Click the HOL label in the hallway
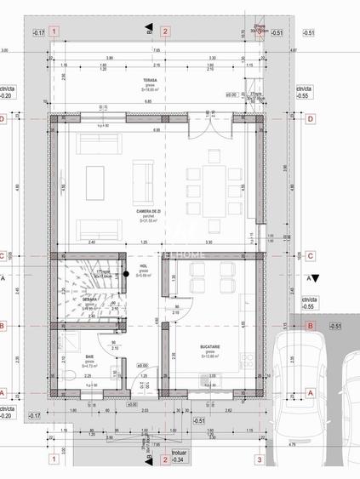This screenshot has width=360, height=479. click(x=143, y=266)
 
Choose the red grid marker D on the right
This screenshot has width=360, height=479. click(x=311, y=119)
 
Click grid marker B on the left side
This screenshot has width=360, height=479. click(x=5, y=325)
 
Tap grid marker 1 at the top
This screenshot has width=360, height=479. click(x=54, y=31)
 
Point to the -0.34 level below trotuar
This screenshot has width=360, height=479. click(x=177, y=460)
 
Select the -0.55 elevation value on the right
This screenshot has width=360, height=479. click(x=303, y=97)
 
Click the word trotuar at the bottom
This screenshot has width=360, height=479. click(x=177, y=453)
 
